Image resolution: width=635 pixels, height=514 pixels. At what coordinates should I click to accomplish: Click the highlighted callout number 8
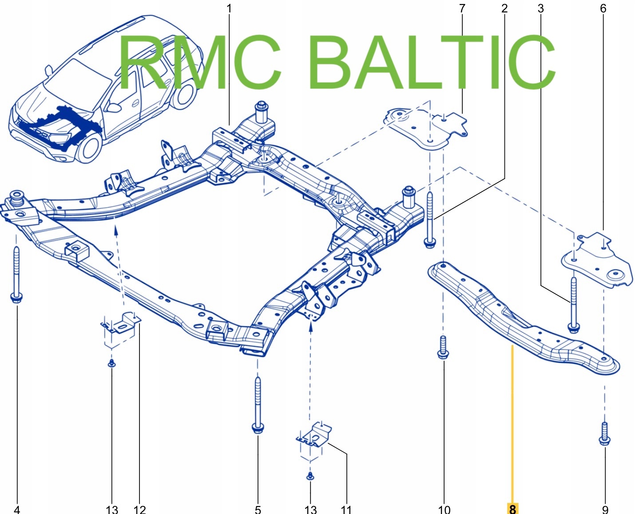512,509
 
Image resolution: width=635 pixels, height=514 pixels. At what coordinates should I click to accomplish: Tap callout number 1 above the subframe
229,8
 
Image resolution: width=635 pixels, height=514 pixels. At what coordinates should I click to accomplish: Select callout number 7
462,8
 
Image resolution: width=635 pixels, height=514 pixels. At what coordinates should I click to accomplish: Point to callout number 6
603,8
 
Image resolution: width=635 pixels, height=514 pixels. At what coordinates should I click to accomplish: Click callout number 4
17,509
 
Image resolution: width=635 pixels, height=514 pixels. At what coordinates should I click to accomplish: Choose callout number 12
139,509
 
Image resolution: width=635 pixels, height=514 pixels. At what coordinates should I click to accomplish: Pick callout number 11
346,509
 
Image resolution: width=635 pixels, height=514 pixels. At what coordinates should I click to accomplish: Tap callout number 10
444,509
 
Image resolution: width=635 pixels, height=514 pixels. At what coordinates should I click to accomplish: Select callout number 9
605,509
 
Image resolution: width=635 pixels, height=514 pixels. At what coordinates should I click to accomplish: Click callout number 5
258,509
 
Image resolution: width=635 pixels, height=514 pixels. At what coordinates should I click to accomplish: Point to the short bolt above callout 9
604,433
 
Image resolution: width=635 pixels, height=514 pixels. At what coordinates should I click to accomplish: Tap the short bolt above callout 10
443,347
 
